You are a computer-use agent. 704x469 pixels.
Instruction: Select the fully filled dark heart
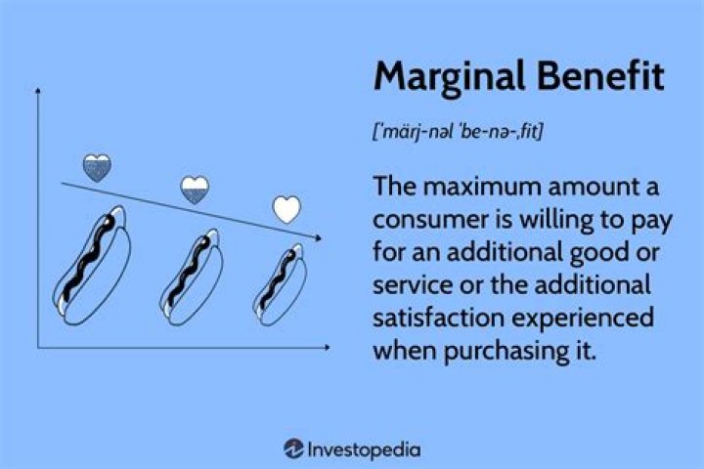coord(97,168)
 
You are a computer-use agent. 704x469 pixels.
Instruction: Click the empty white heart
coord(286,209)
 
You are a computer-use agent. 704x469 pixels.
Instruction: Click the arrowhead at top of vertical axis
coord(37,90)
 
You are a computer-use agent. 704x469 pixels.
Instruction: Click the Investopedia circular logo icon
coord(293,449)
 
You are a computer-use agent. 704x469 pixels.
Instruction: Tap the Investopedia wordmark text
coord(365,449)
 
